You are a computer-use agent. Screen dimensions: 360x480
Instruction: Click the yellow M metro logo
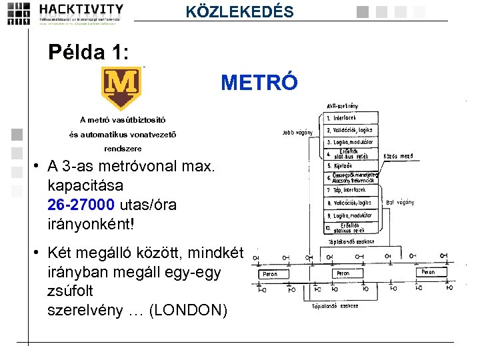(x=123, y=87)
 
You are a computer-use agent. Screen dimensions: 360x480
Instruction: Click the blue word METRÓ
(x=255, y=83)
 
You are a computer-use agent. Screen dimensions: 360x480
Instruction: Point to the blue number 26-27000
(x=81, y=204)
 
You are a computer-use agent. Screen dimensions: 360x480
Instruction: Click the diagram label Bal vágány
(x=400, y=202)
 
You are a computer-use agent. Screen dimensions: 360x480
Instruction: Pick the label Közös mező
(x=398, y=156)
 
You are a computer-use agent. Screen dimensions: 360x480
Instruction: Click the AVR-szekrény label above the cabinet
(x=342, y=106)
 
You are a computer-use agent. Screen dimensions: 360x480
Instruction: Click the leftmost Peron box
(x=270, y=273)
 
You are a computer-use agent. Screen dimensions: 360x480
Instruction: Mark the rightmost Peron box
(x=427, y=272)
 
